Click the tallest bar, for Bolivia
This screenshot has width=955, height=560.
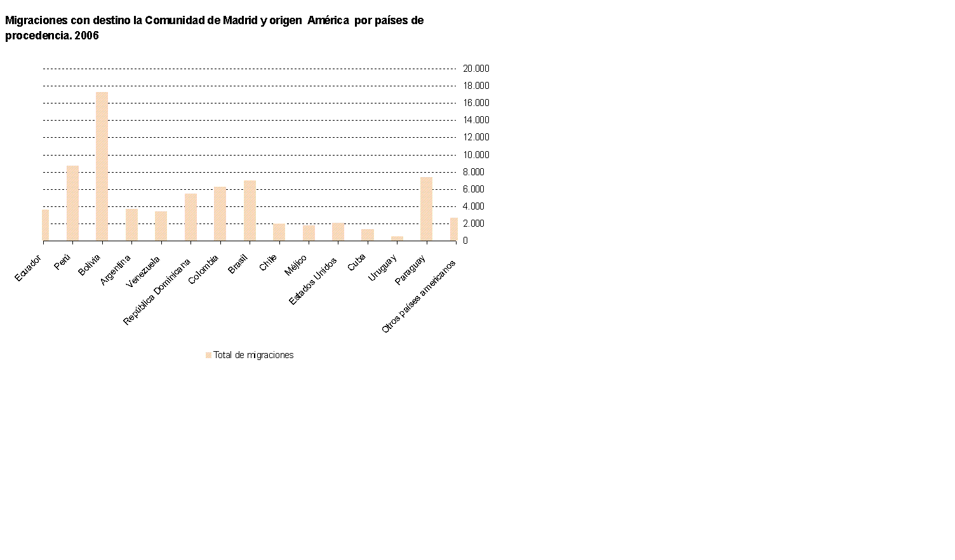[x=102, y=166]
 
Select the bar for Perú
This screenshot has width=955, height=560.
[x=72, y=203]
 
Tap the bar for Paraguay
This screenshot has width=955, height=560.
[x=426, y=209]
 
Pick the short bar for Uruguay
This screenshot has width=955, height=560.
[x=397, y=238]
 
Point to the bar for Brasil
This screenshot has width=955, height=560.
[x=250, y=211]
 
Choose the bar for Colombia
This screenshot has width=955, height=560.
[x=220, y=213]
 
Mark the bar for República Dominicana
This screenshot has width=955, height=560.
[x=190, y=217]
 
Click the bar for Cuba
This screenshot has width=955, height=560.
[x=368, y=235]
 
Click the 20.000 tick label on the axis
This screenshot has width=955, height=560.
[x=476, y=69]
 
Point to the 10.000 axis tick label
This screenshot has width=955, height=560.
[x=476, y=155]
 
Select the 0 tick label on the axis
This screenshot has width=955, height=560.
[x=465, y=241]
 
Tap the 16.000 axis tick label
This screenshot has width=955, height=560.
[x=476, y=103]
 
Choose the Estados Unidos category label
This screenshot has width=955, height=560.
[x=313, y=281]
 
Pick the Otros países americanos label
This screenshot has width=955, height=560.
[x=418, y=297]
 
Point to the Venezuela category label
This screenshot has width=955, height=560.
[x=143, y=272]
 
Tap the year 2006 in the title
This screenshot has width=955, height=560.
[x=87, y=36]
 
